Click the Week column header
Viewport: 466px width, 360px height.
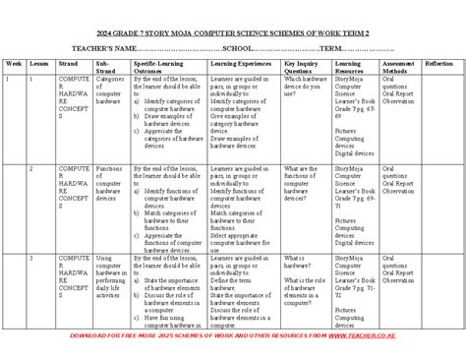click(13, 62)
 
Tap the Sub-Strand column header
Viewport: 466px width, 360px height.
click(107, 65)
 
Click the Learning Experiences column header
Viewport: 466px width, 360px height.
click(240, 62)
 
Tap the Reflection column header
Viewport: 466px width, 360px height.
click(438, 62)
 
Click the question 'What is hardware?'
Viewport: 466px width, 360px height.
click(300, 259)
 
